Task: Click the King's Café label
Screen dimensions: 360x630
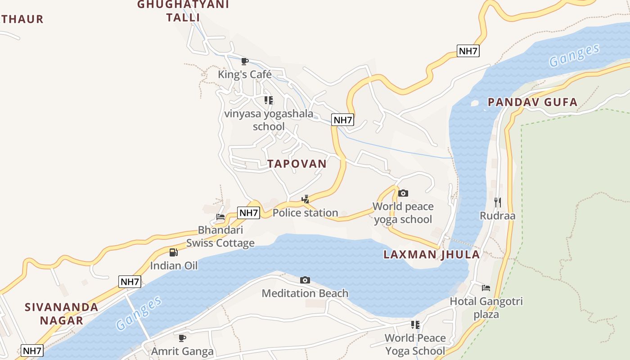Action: tap(245, 74)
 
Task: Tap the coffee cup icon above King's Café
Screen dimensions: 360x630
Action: tap(245, 61)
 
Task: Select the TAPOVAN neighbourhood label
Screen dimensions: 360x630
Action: tap(297, 164)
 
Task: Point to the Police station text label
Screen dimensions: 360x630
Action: tap(305, 213)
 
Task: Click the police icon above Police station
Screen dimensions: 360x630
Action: tap(305, 199)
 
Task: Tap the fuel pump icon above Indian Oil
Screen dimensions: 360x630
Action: tap(174, 252)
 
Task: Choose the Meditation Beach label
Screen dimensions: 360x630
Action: tap(305, 293)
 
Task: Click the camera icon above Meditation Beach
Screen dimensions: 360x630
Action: tap(305, 280)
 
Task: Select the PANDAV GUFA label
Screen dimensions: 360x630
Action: tap(533, 103)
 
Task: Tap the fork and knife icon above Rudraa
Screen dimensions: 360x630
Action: tap(497, 202)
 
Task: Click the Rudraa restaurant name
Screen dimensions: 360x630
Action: tap(497, 216)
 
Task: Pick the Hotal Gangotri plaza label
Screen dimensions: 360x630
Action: tap(486, 307)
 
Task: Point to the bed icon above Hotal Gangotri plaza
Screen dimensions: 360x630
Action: tap(486, 288)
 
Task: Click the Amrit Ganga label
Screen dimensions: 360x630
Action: tap(182, 351)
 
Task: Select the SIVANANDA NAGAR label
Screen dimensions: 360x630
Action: tap(62, 314)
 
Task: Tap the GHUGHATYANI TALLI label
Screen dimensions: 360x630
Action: tap(183, 11)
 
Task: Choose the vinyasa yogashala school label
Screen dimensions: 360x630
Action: tap(269, 120)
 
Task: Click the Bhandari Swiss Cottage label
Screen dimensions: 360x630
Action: tap(220, 236)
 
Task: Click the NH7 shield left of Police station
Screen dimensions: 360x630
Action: tap(249, 213)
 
